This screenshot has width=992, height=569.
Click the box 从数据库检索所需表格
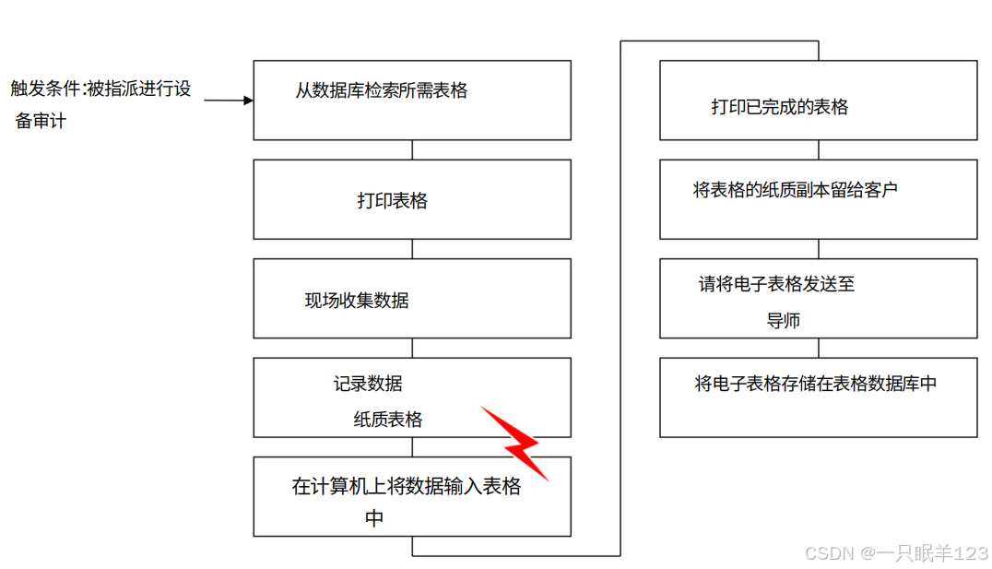tap(412, 100)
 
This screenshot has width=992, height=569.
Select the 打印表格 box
tap(412, 199)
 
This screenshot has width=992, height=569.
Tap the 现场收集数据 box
tap(412, 299)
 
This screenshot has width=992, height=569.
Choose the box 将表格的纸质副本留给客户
tap(819, 199)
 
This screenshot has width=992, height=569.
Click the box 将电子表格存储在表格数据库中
tap(819, 397)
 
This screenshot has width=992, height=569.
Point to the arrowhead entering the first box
tap(248, 100)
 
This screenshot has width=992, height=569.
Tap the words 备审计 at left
tap(41, 121)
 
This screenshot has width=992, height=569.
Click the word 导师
tap(783, 321)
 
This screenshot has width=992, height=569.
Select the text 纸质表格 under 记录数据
tap(388, 420)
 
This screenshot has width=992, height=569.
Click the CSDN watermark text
tap(895, 552)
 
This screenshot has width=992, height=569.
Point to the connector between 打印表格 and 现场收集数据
tap(412, 248)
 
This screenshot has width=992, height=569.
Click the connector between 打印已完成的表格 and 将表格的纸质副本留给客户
tap(819, 149)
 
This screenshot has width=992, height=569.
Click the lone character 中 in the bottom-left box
tap(374, 518)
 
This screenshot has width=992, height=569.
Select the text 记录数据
tap(368, 384)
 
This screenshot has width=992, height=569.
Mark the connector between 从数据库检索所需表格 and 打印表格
tap(412, 149)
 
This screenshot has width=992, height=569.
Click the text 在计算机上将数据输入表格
tap(407, 487)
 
